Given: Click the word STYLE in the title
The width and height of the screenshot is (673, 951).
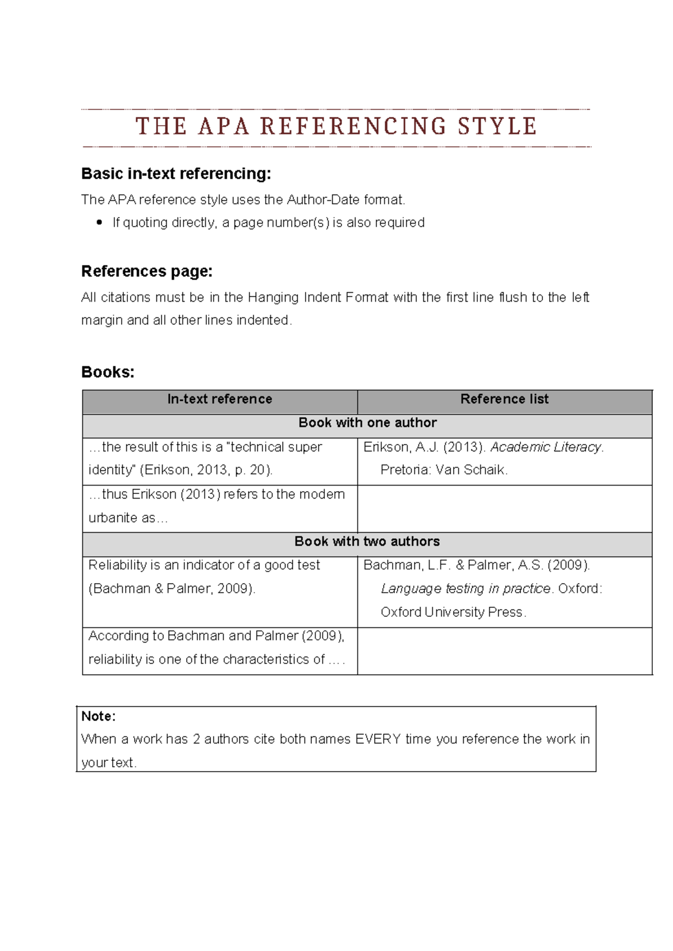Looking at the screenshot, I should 497,126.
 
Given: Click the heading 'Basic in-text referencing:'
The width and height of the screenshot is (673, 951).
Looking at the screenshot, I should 176,174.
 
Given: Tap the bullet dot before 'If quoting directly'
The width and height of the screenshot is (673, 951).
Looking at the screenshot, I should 99,223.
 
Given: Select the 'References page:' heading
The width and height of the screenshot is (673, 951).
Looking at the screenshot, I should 147,271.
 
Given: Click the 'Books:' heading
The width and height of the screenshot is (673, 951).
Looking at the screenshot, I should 108,372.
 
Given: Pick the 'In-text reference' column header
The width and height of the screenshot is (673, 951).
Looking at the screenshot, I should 220,399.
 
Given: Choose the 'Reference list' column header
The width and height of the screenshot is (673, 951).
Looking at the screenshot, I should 504,399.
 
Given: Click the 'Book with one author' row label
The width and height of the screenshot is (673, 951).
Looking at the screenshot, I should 367,423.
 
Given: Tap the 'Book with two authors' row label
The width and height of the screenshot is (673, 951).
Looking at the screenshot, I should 367,542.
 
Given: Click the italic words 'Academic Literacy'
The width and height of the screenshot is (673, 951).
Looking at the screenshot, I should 546,447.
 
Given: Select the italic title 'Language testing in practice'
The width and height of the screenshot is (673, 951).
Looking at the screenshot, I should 465,589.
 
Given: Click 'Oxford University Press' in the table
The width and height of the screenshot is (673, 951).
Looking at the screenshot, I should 451,612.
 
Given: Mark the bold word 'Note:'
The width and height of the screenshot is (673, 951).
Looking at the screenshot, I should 98,716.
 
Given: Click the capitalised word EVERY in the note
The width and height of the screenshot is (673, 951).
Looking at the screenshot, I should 377,739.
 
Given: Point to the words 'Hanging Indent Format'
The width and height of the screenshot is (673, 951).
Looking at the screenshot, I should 317,297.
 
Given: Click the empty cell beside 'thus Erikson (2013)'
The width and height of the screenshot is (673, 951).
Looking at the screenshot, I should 504,509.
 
